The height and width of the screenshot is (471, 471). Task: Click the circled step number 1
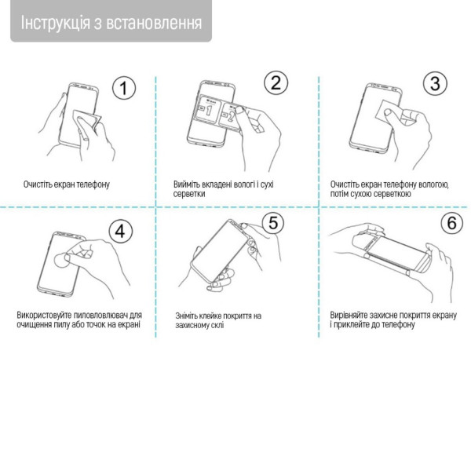pos(124,88)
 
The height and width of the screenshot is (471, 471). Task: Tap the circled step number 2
pos(276,82)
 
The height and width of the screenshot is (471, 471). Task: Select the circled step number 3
pos(435,83)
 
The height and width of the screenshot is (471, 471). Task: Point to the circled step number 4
pos(120,232)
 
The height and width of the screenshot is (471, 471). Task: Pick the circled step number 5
pos(273,223)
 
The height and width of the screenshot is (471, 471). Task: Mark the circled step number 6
pos(452,223)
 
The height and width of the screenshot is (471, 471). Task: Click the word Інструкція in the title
pos(55,23)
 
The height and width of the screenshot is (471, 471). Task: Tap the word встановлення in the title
pos(154,23)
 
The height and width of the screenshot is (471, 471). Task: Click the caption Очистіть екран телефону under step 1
pos(67,184)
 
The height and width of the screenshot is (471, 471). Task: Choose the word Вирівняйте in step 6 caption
pos(349,315)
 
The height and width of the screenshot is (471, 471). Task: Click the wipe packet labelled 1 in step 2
pos(209,110)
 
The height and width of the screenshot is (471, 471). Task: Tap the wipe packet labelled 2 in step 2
pos(231,116)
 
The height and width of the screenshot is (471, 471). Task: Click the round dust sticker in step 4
pos(61,261)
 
